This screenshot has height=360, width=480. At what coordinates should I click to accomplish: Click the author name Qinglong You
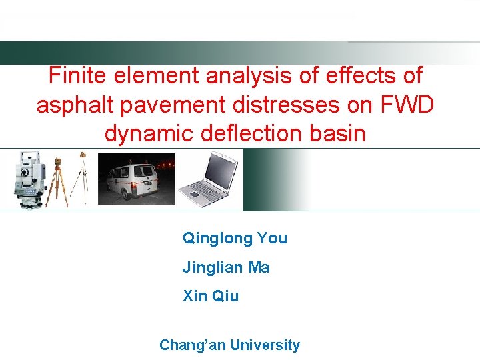coord(235,238)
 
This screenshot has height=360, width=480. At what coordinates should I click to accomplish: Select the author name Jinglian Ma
coord(226,267)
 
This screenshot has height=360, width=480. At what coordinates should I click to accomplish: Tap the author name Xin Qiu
coord(211,296)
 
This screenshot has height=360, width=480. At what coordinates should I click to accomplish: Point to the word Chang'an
coord(191,345)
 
